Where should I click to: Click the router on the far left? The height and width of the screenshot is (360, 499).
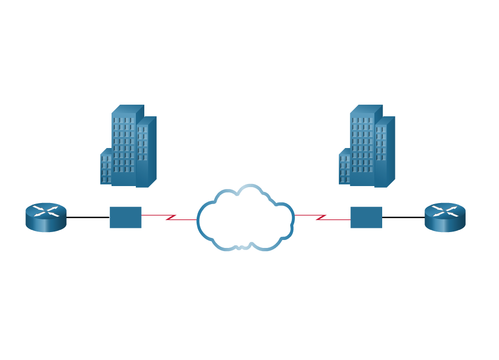[x=46, y=217]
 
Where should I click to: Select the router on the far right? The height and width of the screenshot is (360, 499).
[x=445, y=217]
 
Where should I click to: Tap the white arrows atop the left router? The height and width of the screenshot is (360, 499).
[x=46, y=211]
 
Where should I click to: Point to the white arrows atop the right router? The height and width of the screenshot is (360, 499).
[x=445, y=211]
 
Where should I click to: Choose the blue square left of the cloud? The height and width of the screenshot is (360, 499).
[x=125, y=217]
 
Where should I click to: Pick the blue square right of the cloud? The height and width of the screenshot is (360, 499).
[x=366, y=217]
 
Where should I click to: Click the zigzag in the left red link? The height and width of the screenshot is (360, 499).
[x=171, y=217]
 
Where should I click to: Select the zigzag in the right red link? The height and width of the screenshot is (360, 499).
[x=321, y=217]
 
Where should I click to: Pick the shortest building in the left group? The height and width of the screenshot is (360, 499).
[x=106, y=169]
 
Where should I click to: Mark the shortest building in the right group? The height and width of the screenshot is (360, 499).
[x=344, y=169]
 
